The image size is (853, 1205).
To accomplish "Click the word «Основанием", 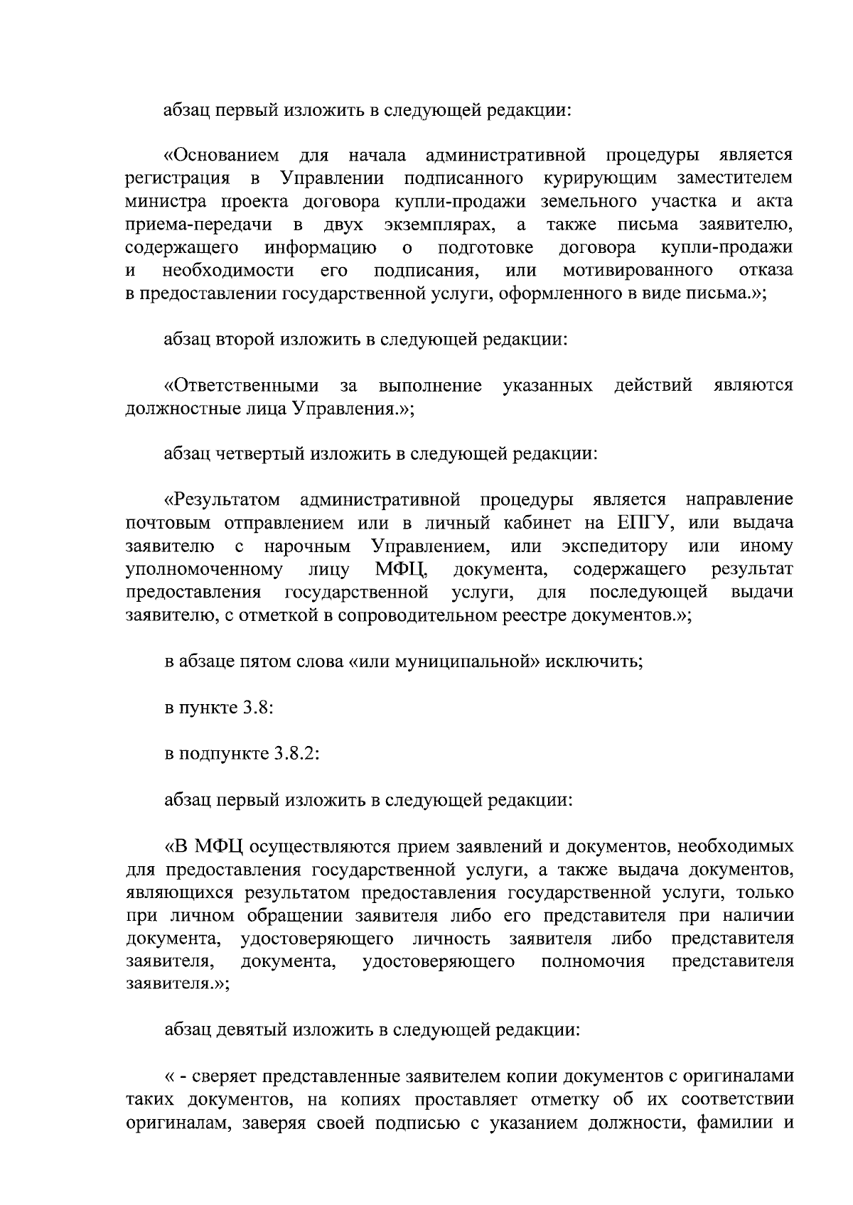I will (x=221, y=155).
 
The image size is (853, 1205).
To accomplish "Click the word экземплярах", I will (x=437, y=225).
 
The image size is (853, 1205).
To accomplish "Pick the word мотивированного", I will (x=638, y=271).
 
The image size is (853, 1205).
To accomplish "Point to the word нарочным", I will (x=307, y=547).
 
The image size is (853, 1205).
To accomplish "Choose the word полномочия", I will (x=593, y=962).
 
